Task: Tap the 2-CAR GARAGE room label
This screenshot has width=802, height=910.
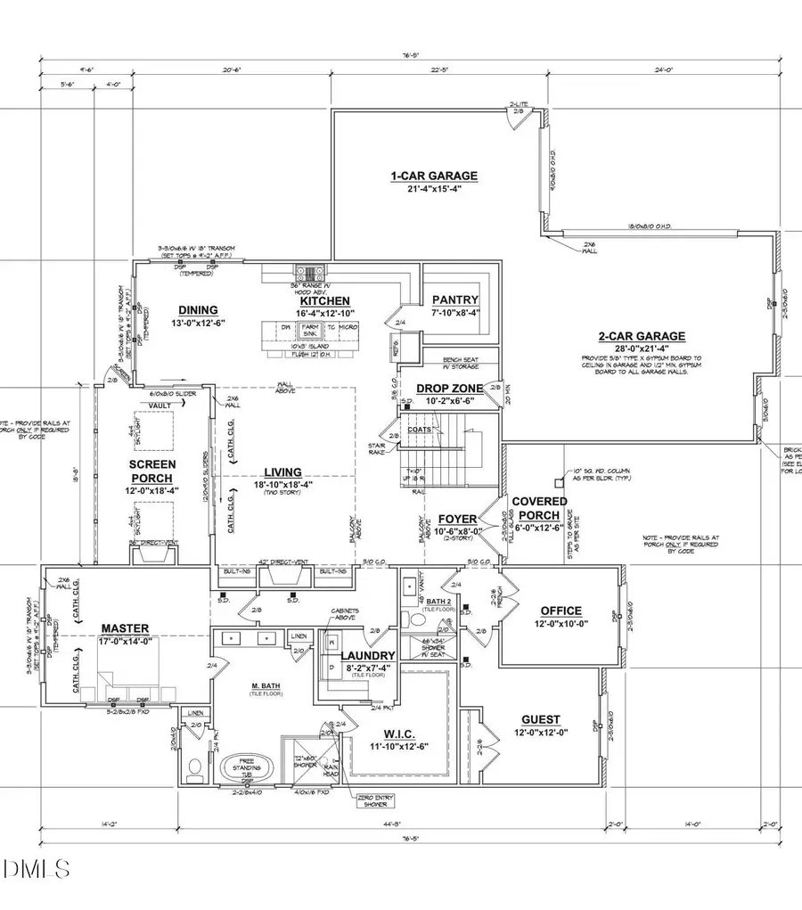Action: (x=641, y=336)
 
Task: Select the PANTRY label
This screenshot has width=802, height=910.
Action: (x=454, y=300)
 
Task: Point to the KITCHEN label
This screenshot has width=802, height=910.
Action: (x=324, y=301)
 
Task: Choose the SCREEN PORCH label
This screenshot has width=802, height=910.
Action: (x=151, y=471)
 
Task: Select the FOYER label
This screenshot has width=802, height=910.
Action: (x=457, y=519)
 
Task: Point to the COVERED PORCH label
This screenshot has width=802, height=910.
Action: (x=536, y=508)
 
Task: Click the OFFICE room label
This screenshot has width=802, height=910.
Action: (x=561, y=611)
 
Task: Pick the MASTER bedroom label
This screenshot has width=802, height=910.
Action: (x=124, y=628)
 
